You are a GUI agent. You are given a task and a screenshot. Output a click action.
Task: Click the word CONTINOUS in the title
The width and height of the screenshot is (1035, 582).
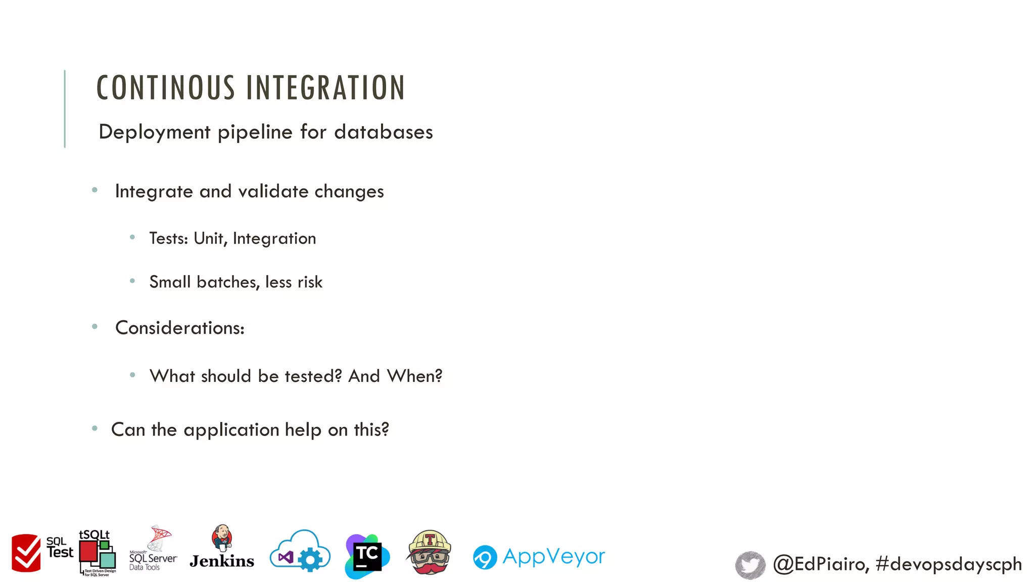[166, 88]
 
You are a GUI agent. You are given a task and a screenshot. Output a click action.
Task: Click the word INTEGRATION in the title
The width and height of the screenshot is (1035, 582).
[325, 88]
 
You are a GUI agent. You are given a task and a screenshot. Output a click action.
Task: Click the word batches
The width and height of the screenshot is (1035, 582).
[228, 282]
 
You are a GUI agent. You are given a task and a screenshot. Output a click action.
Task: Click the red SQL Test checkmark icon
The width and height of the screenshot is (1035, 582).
[26, 553]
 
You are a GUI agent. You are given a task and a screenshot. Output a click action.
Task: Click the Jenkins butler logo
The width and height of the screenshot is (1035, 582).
[222, 548]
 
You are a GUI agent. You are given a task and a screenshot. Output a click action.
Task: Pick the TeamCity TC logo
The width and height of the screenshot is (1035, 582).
[367, 556]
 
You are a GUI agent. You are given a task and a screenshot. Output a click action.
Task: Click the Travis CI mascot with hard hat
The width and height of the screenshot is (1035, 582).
[429, 553]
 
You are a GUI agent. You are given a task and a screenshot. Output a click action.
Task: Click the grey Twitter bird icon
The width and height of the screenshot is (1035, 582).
[750, 565]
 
